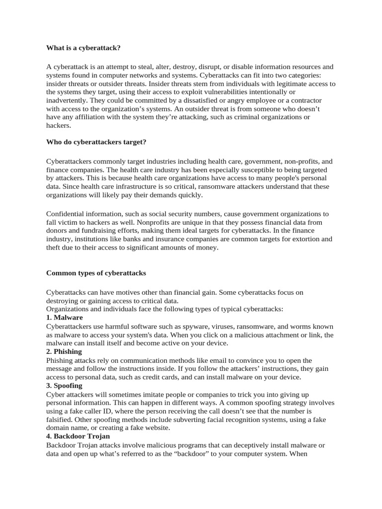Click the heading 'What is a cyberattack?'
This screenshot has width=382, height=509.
click(x=84, y=48)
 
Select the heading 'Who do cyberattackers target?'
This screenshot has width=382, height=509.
click(x=96, y=142)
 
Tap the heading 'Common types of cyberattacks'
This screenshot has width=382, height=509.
click(x=96, y=273)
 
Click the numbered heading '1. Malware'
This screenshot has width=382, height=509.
click(x=64, y=317)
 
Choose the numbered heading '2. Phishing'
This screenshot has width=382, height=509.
click(x=64, y=351)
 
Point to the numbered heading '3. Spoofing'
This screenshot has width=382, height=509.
click(x=64, y=385)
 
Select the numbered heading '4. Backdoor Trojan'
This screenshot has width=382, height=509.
click(x=78, y=436)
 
